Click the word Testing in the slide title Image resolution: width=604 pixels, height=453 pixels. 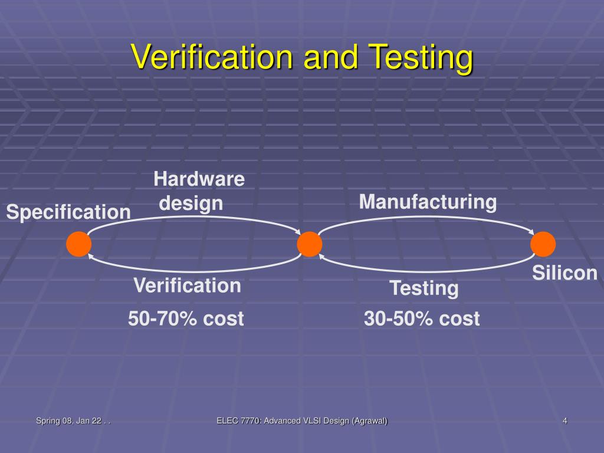422,57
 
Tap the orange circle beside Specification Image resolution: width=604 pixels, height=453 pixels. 78,244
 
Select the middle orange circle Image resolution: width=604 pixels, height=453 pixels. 310,244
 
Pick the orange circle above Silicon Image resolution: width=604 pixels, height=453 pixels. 543,244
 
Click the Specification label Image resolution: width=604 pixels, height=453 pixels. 68,212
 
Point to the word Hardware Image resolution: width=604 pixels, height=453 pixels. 199,179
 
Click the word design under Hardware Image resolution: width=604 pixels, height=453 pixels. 191,203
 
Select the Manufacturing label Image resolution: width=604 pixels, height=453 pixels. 428,202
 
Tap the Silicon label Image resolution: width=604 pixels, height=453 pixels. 565,273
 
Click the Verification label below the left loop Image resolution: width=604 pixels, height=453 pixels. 187,285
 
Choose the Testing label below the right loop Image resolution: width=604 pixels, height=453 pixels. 424,288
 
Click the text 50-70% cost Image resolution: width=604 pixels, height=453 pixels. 186,319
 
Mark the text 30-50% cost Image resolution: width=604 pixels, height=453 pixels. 422,319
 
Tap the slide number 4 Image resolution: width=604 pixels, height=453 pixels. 565,421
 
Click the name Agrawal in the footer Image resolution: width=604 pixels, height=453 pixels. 369,421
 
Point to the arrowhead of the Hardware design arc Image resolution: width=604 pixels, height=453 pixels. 298,232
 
